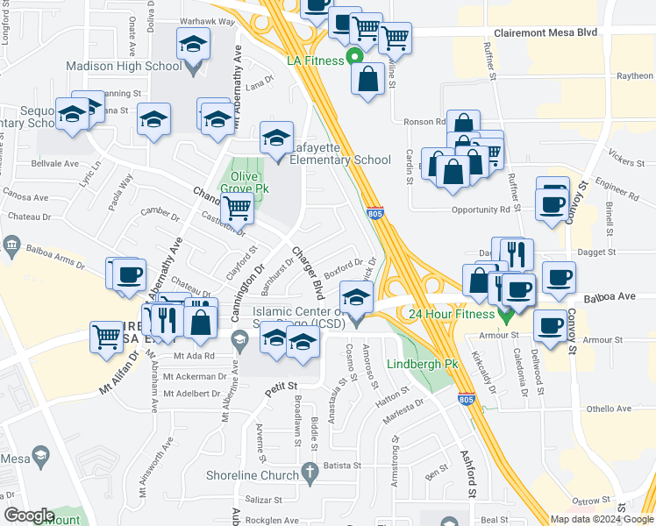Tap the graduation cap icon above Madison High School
(x=193, y=43)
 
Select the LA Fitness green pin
(x=355, y=60)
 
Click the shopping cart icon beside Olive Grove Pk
(x=237, y=209)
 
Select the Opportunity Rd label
(x=481, y=210)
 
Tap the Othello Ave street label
(x=610, y=409)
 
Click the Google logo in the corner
(x=29, y=515)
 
